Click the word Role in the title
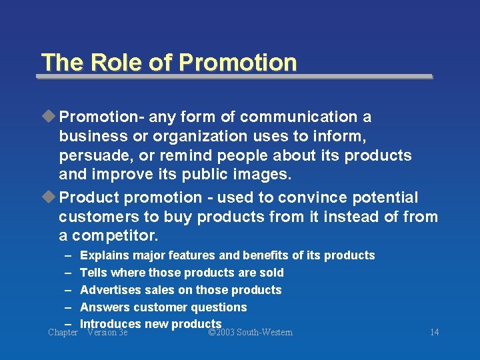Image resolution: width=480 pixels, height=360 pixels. pos(109,62)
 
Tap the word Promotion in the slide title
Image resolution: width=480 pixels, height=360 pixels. pos(238,62)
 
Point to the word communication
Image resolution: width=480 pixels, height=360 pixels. pos(299,117)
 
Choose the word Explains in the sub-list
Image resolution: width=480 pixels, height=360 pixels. pos(105,255)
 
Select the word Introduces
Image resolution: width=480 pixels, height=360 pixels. pos(110,324)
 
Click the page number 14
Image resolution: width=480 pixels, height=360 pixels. pos(434,333)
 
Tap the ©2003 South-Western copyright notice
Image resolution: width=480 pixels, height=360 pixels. pos(250,333)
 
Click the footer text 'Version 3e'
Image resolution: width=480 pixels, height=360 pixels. pos(107,333)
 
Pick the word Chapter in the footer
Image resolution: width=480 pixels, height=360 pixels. pos(63,333)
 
